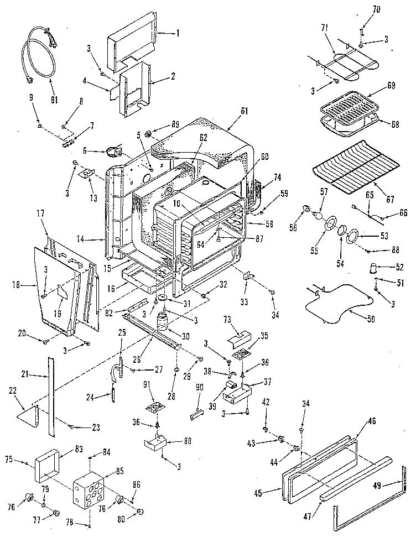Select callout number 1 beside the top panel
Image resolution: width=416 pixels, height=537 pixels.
coord(179,33)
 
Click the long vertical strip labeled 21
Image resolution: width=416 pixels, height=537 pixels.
coord(51,393)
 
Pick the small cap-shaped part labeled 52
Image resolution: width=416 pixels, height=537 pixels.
coord(375,269)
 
